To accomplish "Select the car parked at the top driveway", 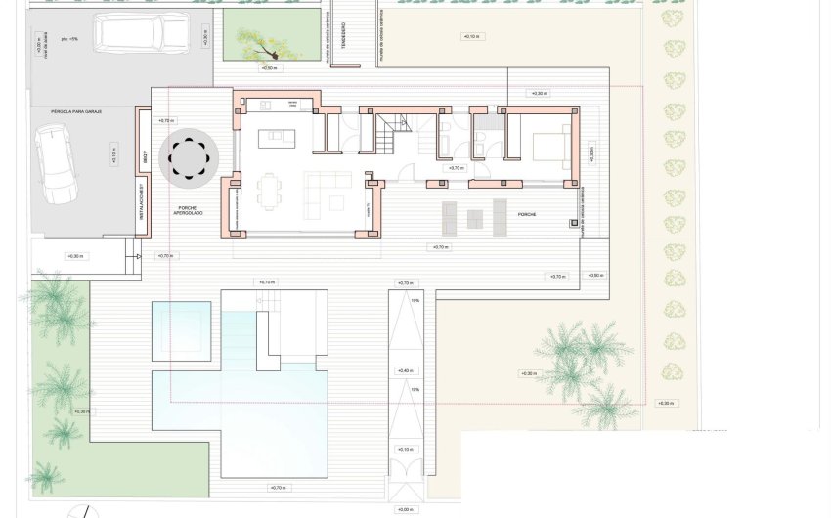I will (x=142, y=35).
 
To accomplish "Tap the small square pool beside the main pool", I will (x=181, y=330).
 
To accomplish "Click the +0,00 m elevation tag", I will (x=405, y=509).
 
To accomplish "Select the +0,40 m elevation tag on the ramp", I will (x=405, y=370).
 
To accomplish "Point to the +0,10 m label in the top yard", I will (x=472, y=36).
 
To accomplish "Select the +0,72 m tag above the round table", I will (x=164, y=120).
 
